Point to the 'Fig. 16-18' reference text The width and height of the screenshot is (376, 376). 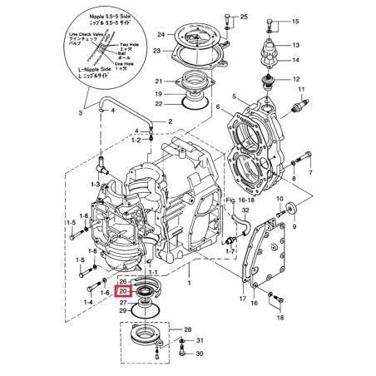(241, 201)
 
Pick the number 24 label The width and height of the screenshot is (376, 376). (161, 35)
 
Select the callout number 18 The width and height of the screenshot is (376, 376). (279, 318)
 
